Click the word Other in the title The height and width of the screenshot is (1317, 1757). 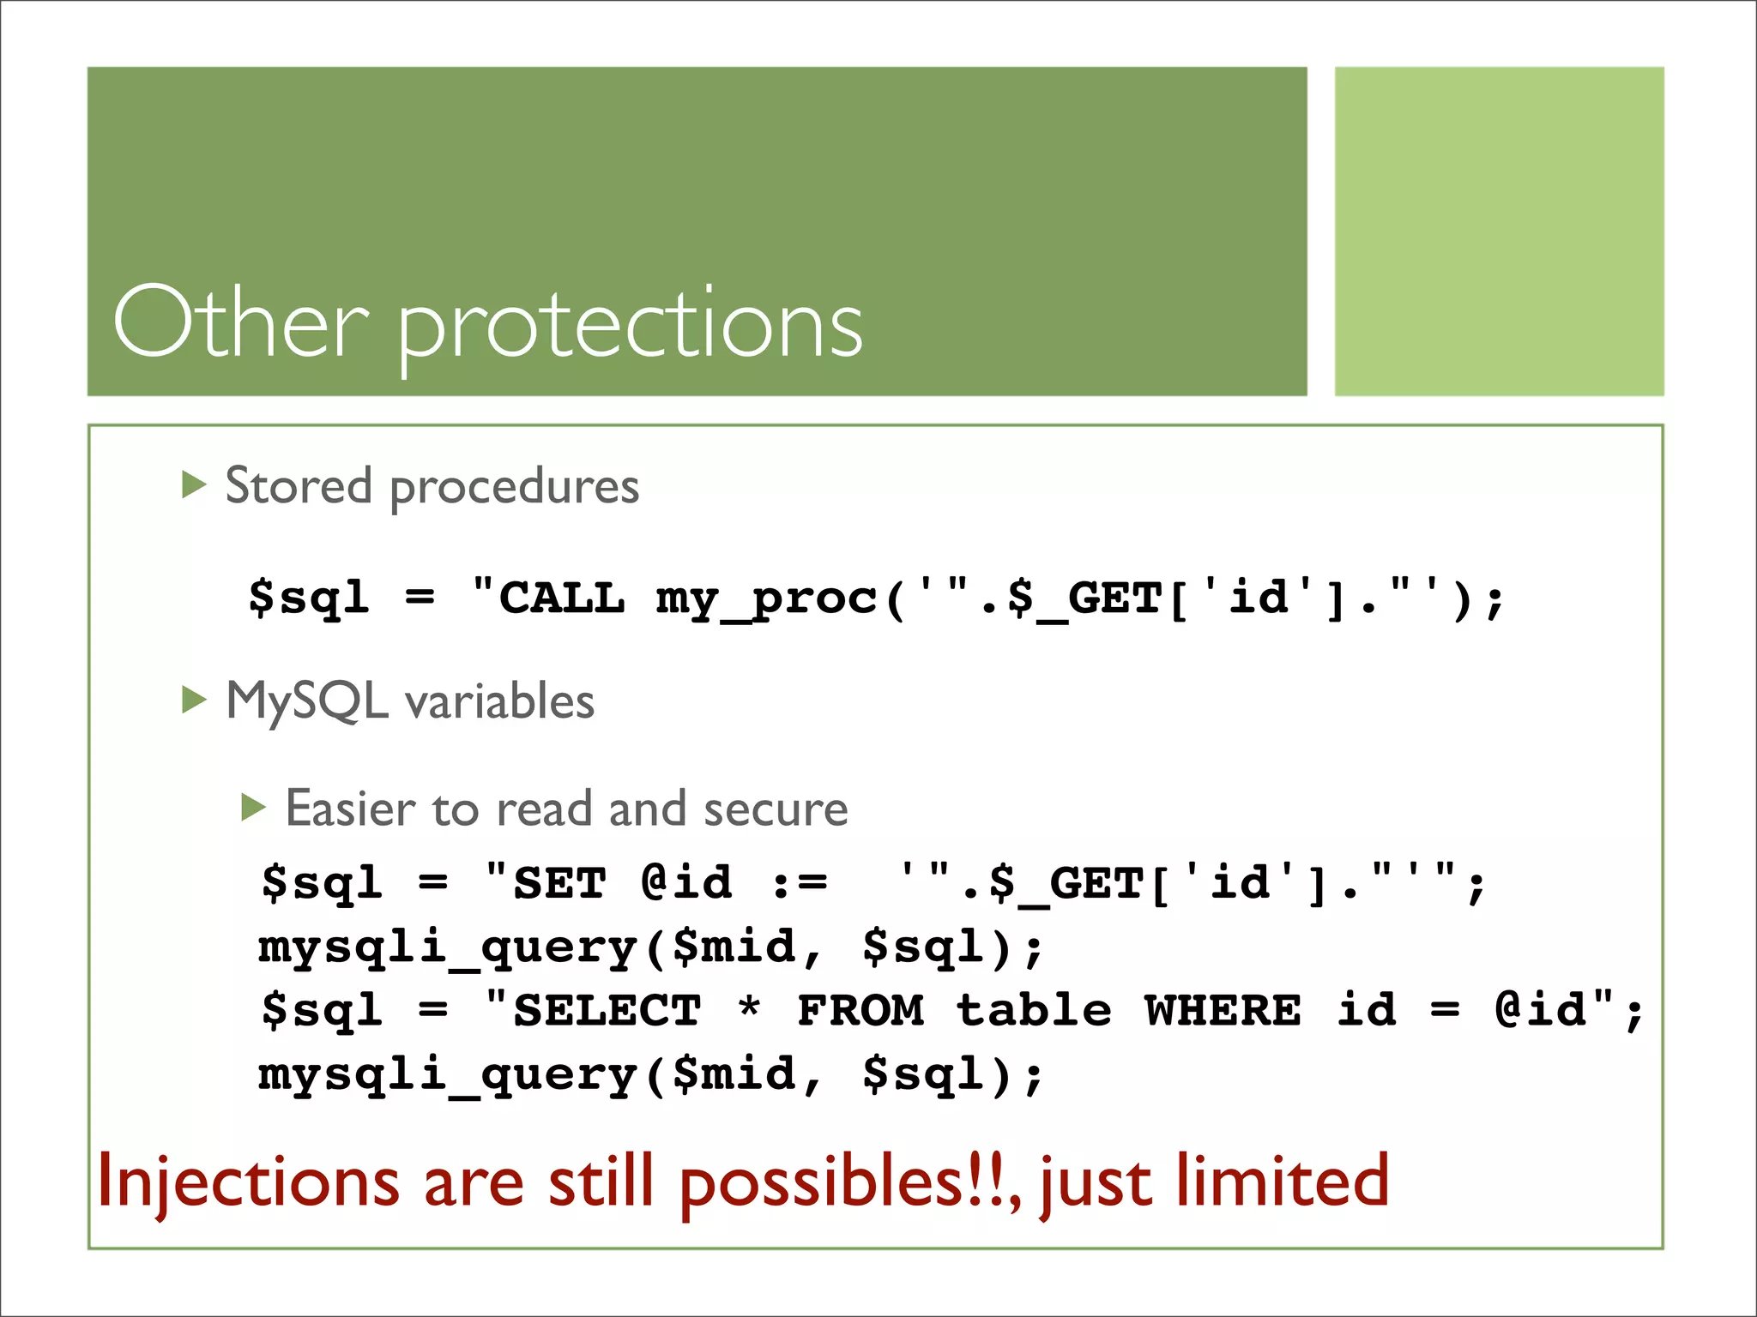(x=241, y=323)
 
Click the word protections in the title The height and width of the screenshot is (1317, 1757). (x=631, y=326)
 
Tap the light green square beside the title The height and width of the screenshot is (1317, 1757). (x=1498, y=232)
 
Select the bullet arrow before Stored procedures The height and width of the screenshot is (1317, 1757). (x=195, y=485)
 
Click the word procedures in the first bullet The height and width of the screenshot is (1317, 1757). (x=515, y=487)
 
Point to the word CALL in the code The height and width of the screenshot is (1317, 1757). (x=562, y=598)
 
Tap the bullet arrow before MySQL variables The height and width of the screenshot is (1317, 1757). (x=195, y=701)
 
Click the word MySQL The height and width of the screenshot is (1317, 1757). (x=306, y=701)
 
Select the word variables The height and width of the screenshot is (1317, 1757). (x=499, y=701)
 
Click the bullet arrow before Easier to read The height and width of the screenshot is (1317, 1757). (x=254, y=808)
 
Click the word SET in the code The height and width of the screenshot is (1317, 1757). (x=559, y=883)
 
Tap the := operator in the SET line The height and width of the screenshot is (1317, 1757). (x=799, y=884)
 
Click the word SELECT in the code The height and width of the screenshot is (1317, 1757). (x=607, y=1010)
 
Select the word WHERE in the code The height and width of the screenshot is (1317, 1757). (x=1223, y=1010)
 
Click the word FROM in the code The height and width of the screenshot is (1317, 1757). (x=860, y=1010)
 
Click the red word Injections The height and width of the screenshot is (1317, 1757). (x=249, y=1182)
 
